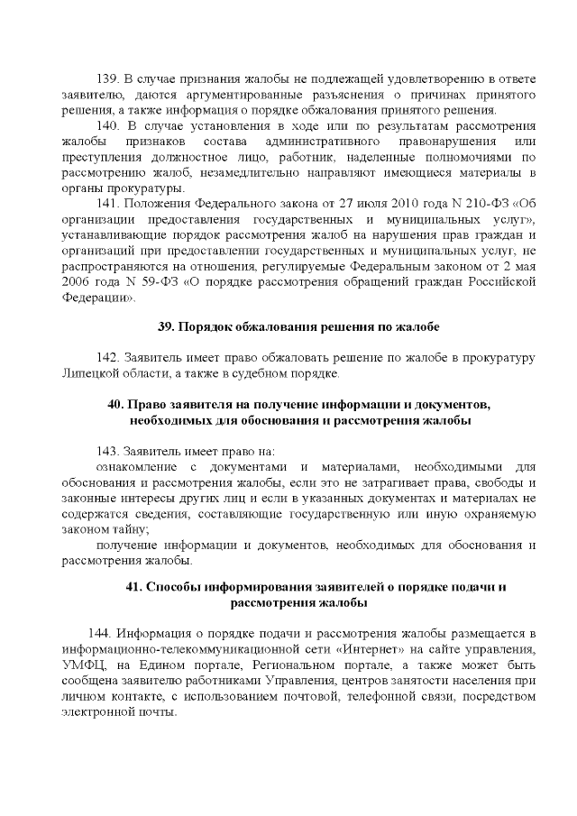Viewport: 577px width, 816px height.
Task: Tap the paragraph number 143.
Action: [x=108, y=450]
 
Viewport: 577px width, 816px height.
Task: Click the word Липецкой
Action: [x=92, y=372]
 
